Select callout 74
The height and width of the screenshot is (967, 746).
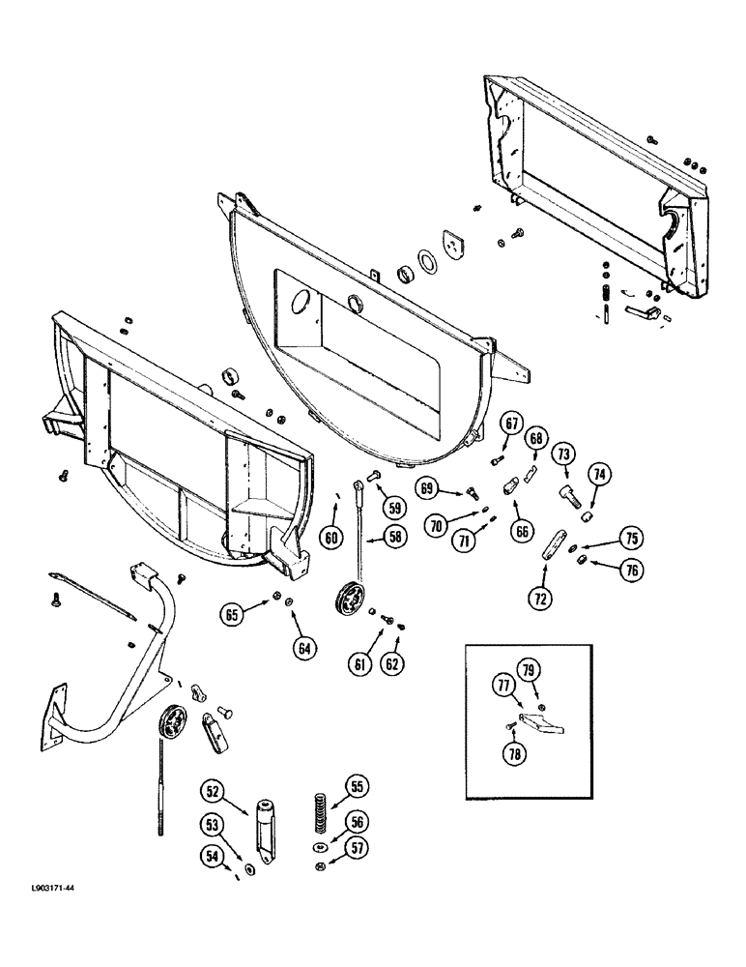599,474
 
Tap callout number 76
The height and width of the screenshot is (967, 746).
631,571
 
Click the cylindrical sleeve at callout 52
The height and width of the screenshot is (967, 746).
265,822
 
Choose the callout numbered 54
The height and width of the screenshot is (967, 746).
211,856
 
